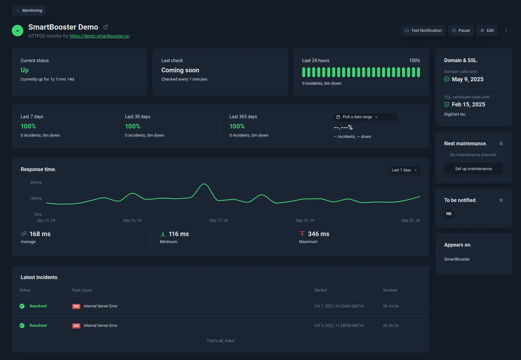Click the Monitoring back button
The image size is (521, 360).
pos(29,11)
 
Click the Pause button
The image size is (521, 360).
pos(461,31)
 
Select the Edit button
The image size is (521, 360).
pos(487,31)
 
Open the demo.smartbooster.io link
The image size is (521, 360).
pos(100,36)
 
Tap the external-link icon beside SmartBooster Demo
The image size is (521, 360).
pos(106,27)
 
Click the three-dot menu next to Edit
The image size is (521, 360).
pos(506,31)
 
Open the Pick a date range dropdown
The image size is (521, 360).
pos(365,117)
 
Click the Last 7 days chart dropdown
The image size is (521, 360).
pos(404,170)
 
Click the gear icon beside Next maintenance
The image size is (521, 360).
pos(501,144)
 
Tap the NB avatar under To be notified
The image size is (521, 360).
pos(449,214)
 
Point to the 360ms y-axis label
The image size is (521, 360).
pos(36,183)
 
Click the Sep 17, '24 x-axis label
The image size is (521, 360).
pos(218,220)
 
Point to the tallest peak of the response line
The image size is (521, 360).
pos(204,184)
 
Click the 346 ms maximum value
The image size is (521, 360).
pos(318,234)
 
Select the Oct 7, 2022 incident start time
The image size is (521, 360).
pos(339,306)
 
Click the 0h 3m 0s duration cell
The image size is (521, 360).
pos(391,326)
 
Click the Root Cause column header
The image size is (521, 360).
pos(82,290)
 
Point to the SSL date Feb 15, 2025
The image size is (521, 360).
pos(468,104)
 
